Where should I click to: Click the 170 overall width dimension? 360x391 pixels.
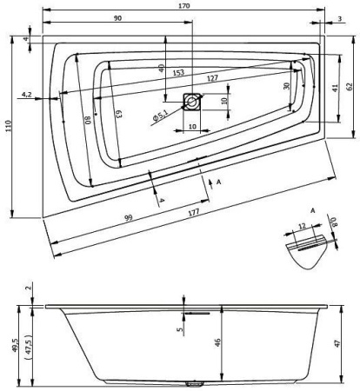pos(184,5)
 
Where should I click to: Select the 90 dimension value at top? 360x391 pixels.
pos(117,18)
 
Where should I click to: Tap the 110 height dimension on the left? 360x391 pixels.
pos(8,126)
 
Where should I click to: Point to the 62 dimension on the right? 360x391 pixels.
pos(350,86)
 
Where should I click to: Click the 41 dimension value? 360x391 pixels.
pos(335,88)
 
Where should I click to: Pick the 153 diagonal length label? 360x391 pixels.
pos(178,72)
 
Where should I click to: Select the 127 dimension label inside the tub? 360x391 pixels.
pos(212,78)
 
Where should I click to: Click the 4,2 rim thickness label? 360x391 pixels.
pos(27,94)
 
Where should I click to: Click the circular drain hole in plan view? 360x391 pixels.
pos(191,102)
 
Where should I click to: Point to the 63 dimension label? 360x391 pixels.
pos(119,114)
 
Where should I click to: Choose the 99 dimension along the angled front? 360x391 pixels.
pos(129,217)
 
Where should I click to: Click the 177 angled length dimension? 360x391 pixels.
pos(194,212)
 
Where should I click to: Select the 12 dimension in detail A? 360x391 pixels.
pos(302,226)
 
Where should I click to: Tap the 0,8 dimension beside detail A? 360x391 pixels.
pos(334,222)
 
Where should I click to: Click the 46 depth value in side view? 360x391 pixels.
pos(218,342)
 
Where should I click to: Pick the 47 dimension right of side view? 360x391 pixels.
pos(337,343)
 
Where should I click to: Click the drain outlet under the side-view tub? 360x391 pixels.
pos(195,384)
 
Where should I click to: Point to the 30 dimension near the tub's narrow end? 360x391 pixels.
pos(287,86)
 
